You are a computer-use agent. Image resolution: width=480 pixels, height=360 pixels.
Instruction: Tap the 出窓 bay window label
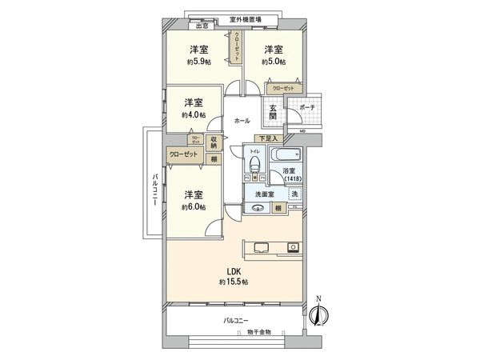pyautogui.click(x=203, y=26)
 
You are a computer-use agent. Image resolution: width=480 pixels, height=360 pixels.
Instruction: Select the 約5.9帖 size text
pyautogui.click(x=198, y=61)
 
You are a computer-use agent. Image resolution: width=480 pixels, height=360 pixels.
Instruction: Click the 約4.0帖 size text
pyautogui.click(x=193, y=115)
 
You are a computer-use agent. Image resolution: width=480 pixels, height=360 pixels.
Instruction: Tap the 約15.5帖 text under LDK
pyautogui.click(x=234, y=282)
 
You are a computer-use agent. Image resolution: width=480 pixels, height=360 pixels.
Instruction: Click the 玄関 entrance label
pyautogui.click(x=273, y=113)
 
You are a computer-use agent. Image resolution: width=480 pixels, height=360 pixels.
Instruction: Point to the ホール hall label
pyautogui.click(x=242, y=121)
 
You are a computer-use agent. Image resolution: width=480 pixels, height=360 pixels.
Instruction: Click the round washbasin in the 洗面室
pyautogui.click(x=259, y=209)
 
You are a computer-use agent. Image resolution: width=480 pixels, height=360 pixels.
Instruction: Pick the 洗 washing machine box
pyautogui.click(x=294, y=194)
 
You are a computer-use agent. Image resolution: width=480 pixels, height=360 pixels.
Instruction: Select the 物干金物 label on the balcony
pyautogui.click(x=258, y=331)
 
